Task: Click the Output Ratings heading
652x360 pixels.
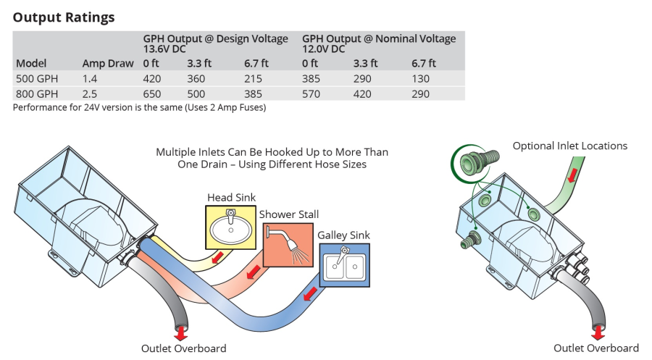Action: point(64,17)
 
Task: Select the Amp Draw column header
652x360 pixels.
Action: point(108,63)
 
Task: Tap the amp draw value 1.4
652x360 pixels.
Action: point(90,78)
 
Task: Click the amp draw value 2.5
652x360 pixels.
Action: point(90,93)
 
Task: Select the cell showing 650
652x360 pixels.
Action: point(153,93)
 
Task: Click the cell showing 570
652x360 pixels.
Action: point(312,93)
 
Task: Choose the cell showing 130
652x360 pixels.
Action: point(421,78)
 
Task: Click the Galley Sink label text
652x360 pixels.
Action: point(343,235)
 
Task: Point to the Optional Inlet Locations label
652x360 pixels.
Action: point(570,146)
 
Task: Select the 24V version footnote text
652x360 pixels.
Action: point(140,107)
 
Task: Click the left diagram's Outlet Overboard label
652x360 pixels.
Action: point(183,348)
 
